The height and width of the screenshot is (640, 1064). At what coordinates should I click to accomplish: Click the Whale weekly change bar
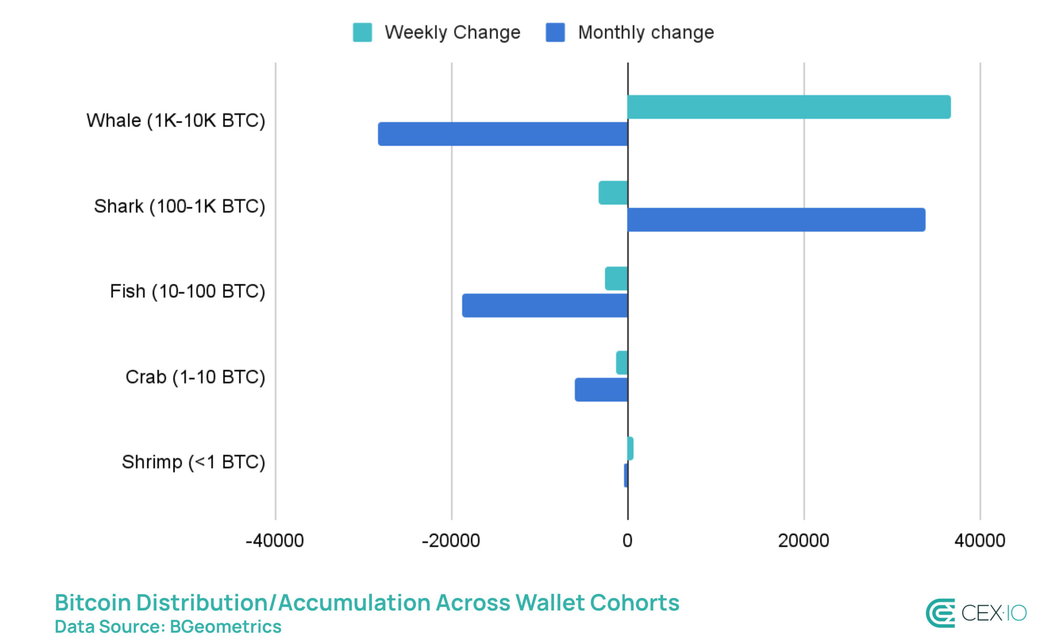(x=788, y=107)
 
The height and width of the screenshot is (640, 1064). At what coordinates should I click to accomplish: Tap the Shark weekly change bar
(x=612, y=193)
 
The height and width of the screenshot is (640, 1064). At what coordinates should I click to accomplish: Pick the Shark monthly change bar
(x=776, y=220)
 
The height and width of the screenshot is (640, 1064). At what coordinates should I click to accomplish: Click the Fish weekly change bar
(x=616, y=279)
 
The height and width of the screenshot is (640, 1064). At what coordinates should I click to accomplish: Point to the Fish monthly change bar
(x=544, y=305)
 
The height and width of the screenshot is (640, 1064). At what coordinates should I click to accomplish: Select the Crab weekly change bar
(x=621, y=363)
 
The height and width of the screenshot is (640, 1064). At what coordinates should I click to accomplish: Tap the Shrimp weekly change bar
(x=630, y=449)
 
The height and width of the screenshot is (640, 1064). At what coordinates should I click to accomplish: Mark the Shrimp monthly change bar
(x=626, y=475)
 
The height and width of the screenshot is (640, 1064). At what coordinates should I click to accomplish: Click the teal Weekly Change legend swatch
(x=362, y=32)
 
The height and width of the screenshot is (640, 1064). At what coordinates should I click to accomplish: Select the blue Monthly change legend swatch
(x=554, y=32)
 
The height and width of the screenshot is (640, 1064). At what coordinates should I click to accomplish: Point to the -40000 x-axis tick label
(x=274, y=540)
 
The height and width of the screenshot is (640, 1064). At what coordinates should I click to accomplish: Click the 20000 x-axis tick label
(x=803, y=540)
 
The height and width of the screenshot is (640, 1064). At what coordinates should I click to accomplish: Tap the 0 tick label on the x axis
(x=627, y=540)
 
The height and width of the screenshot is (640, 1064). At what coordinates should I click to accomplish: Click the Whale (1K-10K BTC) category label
(x=175, y=120)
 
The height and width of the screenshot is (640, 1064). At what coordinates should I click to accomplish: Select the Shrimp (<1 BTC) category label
(x=193, y=462)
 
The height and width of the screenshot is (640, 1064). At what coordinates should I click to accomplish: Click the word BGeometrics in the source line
(x=225, y=626)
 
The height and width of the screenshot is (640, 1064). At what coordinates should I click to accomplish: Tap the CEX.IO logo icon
(x=940, y=613)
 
